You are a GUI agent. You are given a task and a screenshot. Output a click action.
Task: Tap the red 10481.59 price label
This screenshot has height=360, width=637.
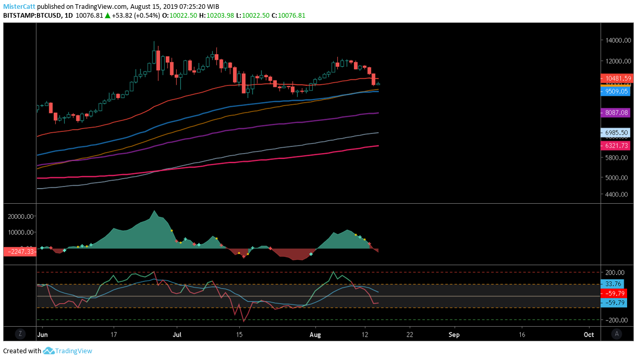coord(618,79)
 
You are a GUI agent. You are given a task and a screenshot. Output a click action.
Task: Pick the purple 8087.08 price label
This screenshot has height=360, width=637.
coord(618,113)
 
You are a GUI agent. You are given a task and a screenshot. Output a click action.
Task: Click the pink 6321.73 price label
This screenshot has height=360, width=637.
coord(618,146)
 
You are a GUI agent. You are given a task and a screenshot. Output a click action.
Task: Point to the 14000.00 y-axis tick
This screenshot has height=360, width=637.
coord(618,40)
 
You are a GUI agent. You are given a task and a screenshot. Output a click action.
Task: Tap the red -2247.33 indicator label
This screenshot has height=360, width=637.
coord(19,252)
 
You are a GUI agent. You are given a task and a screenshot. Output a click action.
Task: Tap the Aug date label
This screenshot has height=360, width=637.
coord(314,333)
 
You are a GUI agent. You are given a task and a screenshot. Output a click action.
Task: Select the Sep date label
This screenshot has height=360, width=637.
coord(455,333)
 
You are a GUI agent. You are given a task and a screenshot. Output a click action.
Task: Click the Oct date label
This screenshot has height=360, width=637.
coord(589,333)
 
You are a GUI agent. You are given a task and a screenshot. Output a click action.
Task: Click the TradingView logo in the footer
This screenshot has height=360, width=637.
coord(68,351)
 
